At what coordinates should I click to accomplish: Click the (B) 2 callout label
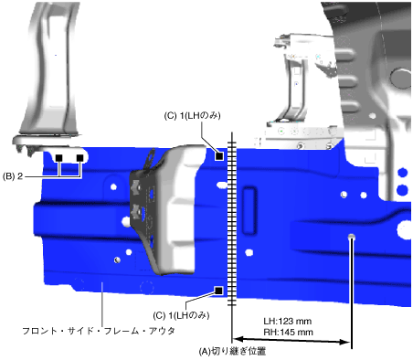13,176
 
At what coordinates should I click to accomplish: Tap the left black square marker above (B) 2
59,158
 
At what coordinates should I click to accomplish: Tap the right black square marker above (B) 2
79,158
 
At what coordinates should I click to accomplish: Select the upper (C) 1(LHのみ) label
192,116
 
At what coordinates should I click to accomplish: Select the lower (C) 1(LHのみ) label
181,315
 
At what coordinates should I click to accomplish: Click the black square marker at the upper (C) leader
219,156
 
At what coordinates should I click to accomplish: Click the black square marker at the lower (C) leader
218,291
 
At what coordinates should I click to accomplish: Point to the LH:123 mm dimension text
288,322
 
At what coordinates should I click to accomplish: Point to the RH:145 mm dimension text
288,332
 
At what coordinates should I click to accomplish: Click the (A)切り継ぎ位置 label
232,351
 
